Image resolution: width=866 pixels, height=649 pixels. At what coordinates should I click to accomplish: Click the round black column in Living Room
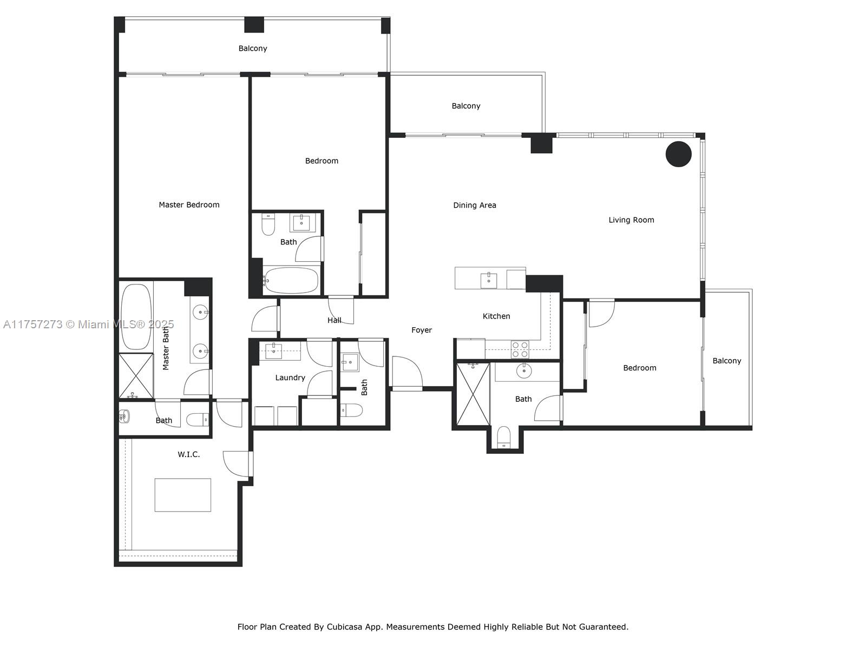pyautogui.click(x=678, y=154)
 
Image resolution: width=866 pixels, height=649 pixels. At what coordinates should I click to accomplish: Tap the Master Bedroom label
pyautogui.click(x=189, y=205)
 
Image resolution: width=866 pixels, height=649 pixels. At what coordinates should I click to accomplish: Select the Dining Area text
pyautogui.click(x=474, y=206)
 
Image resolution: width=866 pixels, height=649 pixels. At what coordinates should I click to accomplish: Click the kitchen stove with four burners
pyautogui.click(x=520, y=349)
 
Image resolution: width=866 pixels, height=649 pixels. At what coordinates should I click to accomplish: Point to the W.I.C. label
pyautogui.click(x=188, y=455)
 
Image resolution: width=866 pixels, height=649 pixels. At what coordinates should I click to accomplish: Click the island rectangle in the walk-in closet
pyautogui.click(x=182, y=495)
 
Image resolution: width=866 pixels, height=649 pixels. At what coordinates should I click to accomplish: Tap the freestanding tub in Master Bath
pyautogui.click(x=136, y=316)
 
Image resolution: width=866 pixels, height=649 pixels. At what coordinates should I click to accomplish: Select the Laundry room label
pyautogui.click(x=290, y=378)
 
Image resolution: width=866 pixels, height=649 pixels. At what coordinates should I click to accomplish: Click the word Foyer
pyautogui.click(x=421, y=330)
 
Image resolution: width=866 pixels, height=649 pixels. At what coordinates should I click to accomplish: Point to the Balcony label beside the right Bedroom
pyautogui.click(x=726, y=361)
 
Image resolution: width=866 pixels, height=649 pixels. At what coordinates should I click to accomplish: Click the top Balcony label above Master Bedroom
pyautogui.click(x=253, y=49)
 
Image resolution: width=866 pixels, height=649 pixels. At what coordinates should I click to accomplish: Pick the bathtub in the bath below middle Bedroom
pyautogui.click(x=291, y=281)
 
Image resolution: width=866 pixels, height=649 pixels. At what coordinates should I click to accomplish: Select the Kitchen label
pyautogui.click(x=496, y=316)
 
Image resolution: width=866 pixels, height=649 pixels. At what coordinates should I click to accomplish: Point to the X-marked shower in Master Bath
pyautogui.click(x=135, y=376)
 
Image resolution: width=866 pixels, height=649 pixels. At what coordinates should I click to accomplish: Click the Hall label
pyautogui.click(x=334, y=321)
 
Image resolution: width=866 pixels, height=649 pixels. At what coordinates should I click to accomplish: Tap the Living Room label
pyautogui.click(x=631, y=220)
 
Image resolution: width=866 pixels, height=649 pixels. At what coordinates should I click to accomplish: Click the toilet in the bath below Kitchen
pyautogui.click(x=504, y=437)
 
